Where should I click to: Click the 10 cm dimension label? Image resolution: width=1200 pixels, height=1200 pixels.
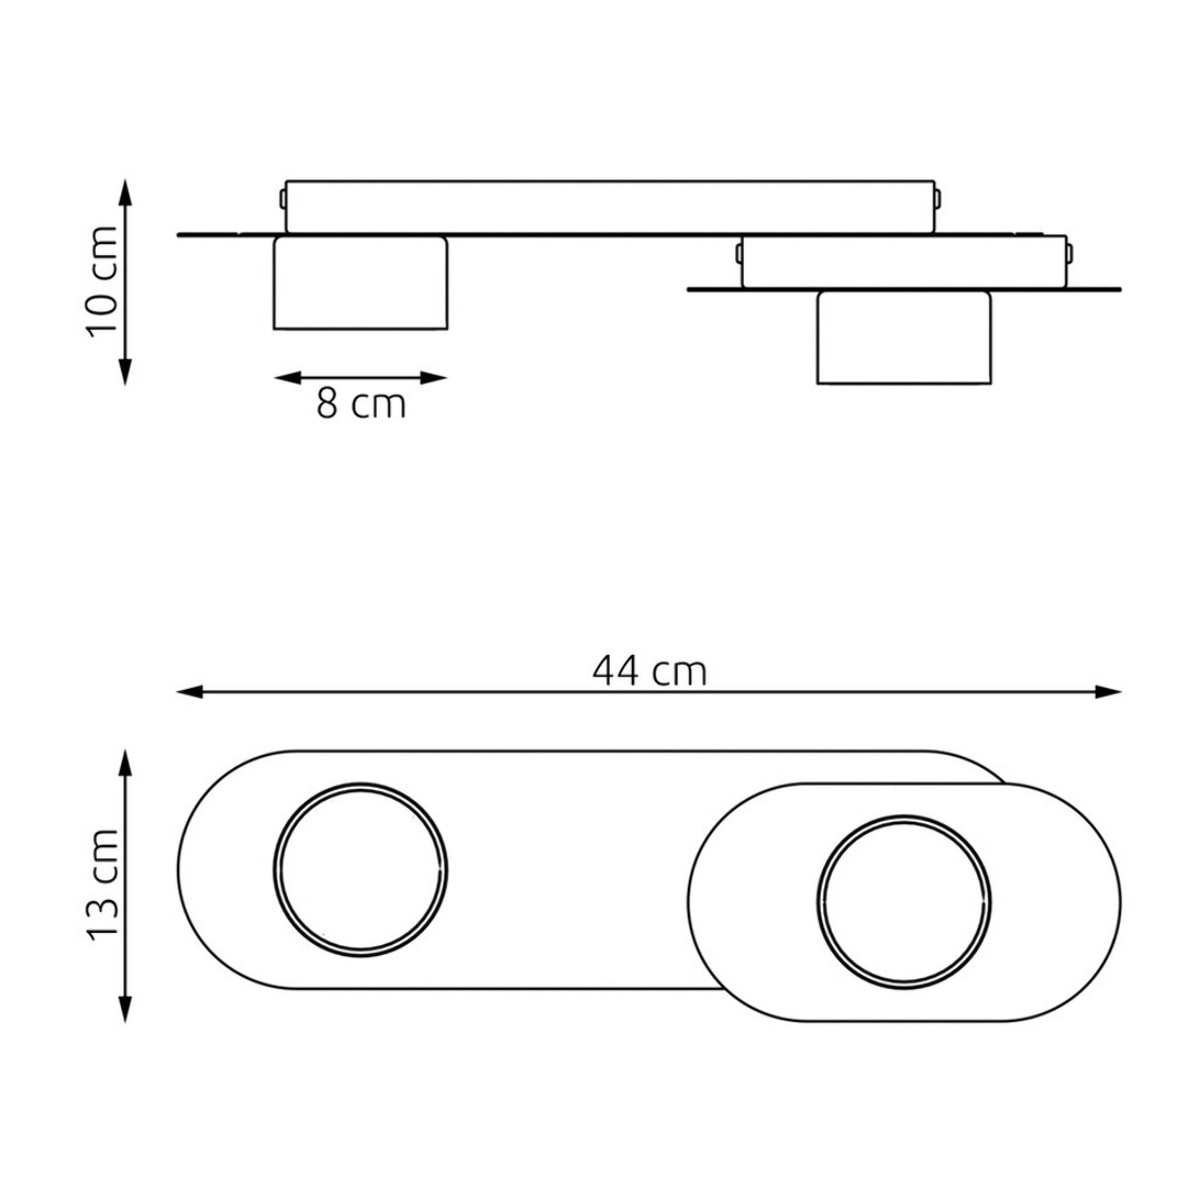[x=103, y=281]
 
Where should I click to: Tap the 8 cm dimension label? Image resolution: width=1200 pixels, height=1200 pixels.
[x=361, y=404]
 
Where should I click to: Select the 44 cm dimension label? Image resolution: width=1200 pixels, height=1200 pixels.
[x=650, y=672]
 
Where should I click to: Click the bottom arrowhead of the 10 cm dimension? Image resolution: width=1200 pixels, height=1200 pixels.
[x=125, y=373]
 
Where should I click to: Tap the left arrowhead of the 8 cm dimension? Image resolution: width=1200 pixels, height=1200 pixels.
[x=287, y=377]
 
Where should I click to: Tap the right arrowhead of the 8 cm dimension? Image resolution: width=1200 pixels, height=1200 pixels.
[x=434, y=377]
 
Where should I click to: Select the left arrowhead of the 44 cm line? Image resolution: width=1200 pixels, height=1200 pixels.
[x=190, y=691]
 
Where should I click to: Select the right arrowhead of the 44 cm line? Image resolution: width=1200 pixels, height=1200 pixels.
[x=1108, y=691]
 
